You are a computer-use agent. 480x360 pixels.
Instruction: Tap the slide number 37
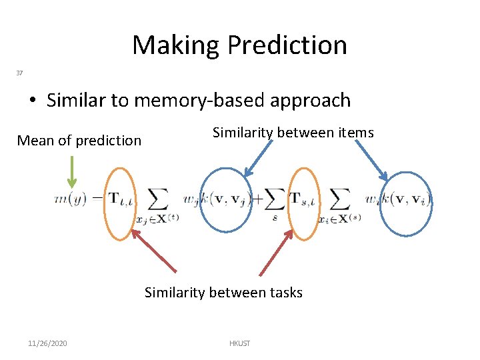19,73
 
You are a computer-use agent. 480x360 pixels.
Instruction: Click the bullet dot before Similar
33,101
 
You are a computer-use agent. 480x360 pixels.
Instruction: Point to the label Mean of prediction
79,141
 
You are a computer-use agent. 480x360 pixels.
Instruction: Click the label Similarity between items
293,133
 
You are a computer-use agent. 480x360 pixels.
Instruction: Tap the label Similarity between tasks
223,292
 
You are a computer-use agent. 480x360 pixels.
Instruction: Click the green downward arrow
72,172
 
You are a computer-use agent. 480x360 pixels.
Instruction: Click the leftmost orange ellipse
121,203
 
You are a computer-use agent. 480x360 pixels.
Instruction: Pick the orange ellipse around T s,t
304,203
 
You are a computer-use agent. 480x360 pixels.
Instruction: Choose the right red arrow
276,252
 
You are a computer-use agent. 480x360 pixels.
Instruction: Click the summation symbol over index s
273,199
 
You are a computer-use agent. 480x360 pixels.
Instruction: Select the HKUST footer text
239,343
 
